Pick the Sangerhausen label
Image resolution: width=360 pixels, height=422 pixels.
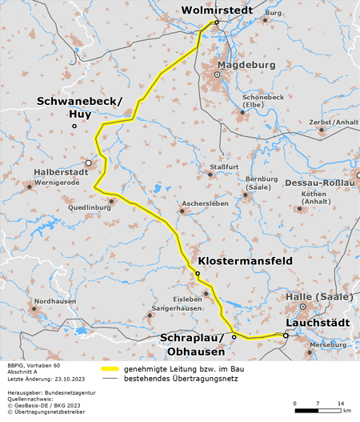[177, 307]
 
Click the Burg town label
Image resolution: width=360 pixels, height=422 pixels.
[274, 14]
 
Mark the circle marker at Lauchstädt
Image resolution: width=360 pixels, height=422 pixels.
[286, 336]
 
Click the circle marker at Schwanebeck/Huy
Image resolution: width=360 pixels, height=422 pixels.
[74, 127]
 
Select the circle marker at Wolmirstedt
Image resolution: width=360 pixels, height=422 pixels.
[217, 22]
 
